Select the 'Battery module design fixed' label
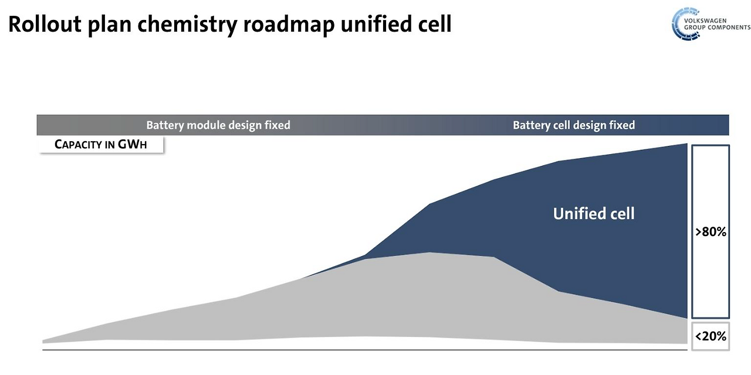pos(218,125)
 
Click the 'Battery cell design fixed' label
pos(573,125)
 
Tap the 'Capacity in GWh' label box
pos(101,145)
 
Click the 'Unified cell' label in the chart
pos(594,213)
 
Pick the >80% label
pos(711,232)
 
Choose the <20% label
pos(711,336)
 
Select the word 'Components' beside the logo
pos(727,28)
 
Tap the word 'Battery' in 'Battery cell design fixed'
pos(531,125)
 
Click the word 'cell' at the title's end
pos(434,24)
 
